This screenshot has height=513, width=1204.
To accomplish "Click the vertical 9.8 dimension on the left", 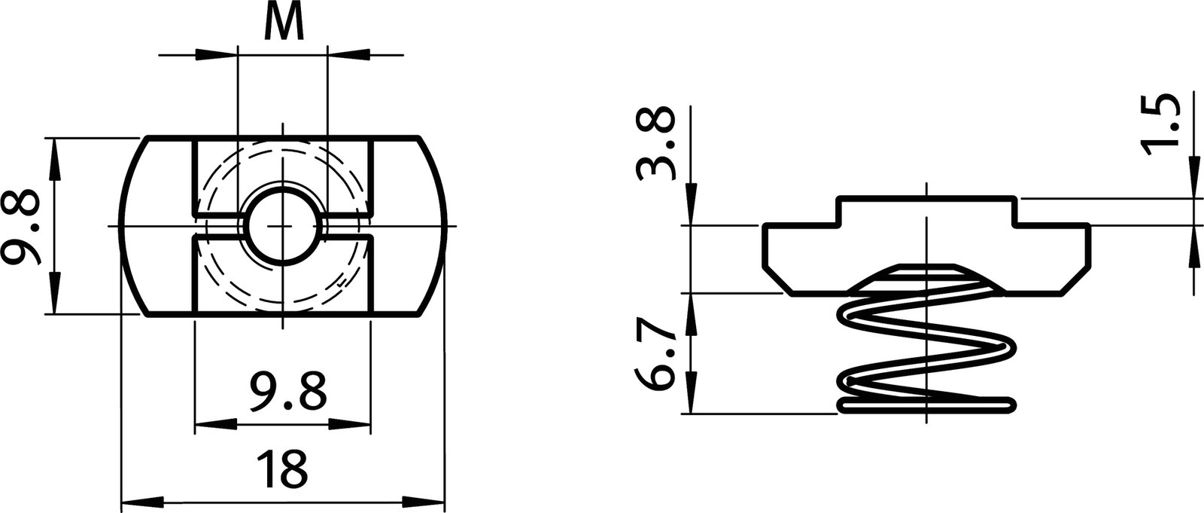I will pyautogui.click(x=21, y=226).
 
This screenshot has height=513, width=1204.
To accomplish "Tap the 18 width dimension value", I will pyautogui.click(x=282, y=468).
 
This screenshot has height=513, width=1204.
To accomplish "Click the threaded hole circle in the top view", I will pyautogui.click(x=282, y=226).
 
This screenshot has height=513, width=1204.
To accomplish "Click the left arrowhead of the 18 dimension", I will pyautogui.click(x=139, y=500).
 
